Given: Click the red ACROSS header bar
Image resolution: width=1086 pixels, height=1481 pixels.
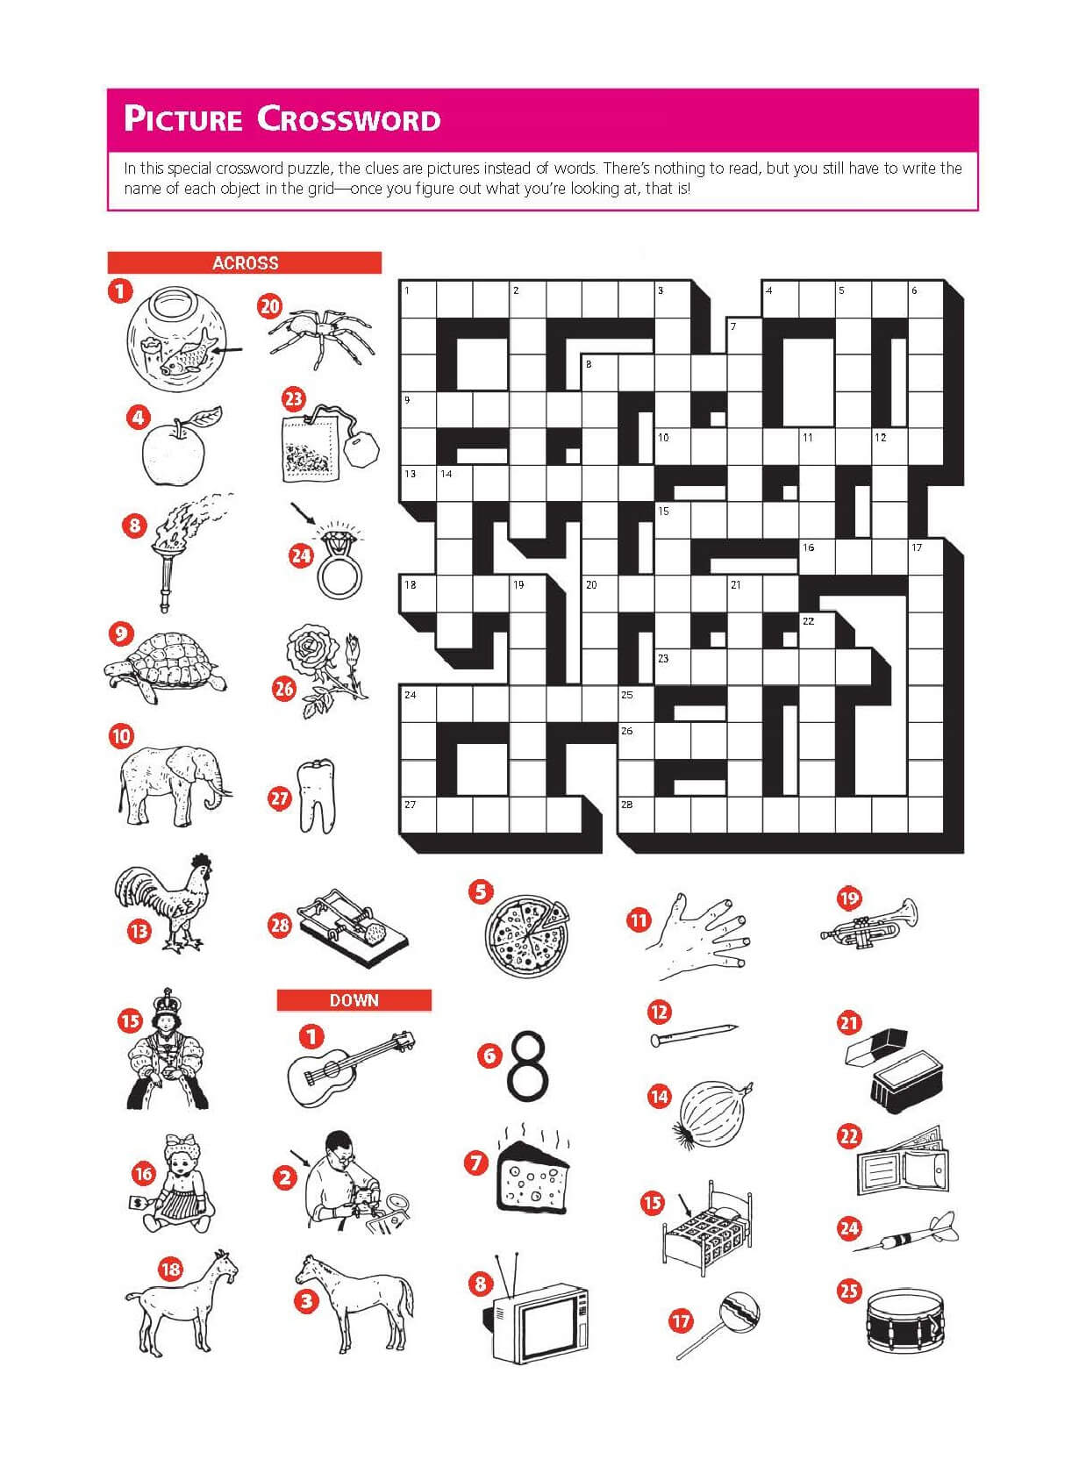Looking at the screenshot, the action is coord(245,262).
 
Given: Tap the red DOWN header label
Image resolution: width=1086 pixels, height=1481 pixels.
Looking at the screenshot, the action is coord(354,1000).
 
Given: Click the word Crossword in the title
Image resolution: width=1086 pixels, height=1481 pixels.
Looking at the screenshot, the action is coord(348,119).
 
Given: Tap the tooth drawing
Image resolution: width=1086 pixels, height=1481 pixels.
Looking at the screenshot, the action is coord(316,796).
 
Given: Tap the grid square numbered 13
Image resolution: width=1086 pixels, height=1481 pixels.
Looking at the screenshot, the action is coord(418,484).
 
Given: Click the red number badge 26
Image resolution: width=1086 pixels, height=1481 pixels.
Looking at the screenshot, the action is coord(283,689).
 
